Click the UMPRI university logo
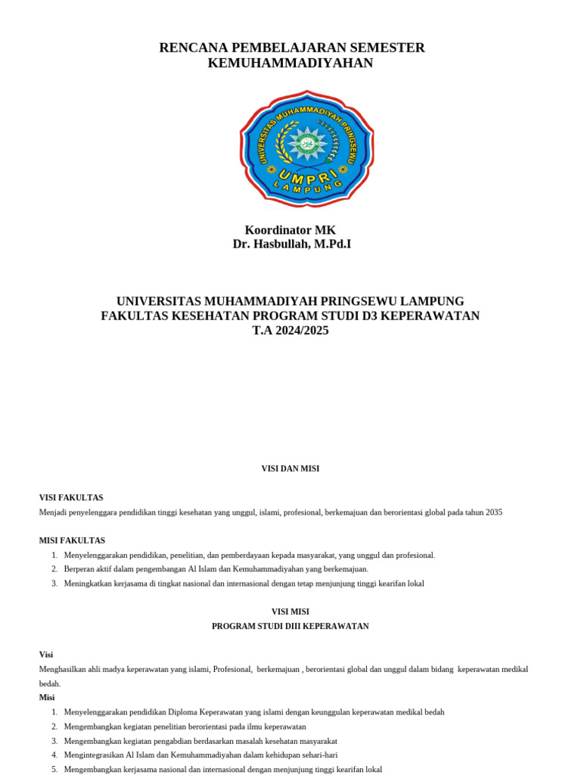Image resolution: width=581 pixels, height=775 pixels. (306, 148)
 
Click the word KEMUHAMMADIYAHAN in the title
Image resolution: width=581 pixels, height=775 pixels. (290, 63)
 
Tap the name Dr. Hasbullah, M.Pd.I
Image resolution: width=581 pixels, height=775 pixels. (292, 244)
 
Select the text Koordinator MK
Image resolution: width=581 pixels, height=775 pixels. (290, 230)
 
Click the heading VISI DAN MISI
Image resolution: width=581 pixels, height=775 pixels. (290, 468)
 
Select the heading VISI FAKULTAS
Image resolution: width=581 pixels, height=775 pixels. (71, 497)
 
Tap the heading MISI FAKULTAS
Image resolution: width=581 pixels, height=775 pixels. (72, 540)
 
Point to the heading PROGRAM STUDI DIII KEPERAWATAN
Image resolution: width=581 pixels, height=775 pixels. (290, 626)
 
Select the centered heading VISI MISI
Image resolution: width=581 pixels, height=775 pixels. (290, 612)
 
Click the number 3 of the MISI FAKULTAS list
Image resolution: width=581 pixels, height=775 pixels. (54, 584)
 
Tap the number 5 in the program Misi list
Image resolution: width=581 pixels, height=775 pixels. (54, 769)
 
